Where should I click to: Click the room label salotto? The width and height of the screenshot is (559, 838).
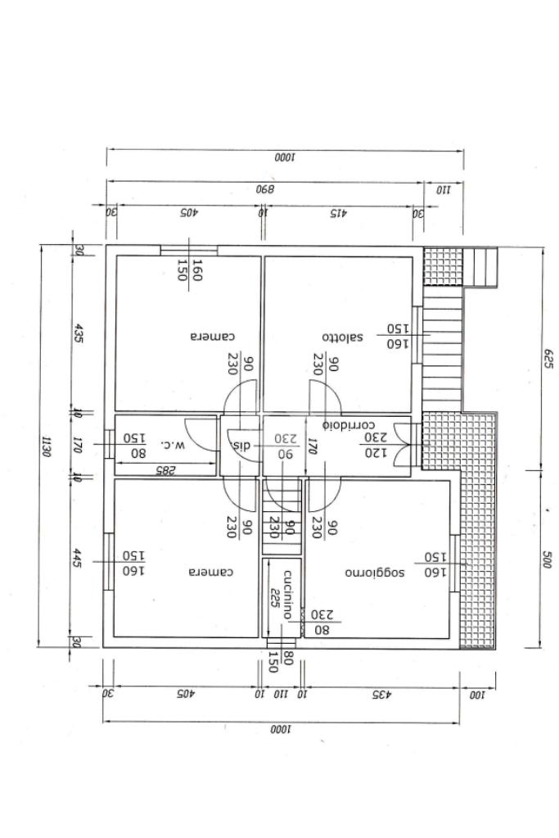coord(341,337)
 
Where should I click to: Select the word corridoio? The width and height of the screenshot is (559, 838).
coord(349,425)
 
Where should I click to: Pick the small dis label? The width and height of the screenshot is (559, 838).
coord(243,445)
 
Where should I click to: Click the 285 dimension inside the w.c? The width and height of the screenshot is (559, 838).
coord(165,469)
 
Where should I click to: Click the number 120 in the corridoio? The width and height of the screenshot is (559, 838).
coord(375,453)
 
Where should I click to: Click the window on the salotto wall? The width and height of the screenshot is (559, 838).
coord(416,336)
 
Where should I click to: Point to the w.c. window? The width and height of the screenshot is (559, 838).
coord(109,445)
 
